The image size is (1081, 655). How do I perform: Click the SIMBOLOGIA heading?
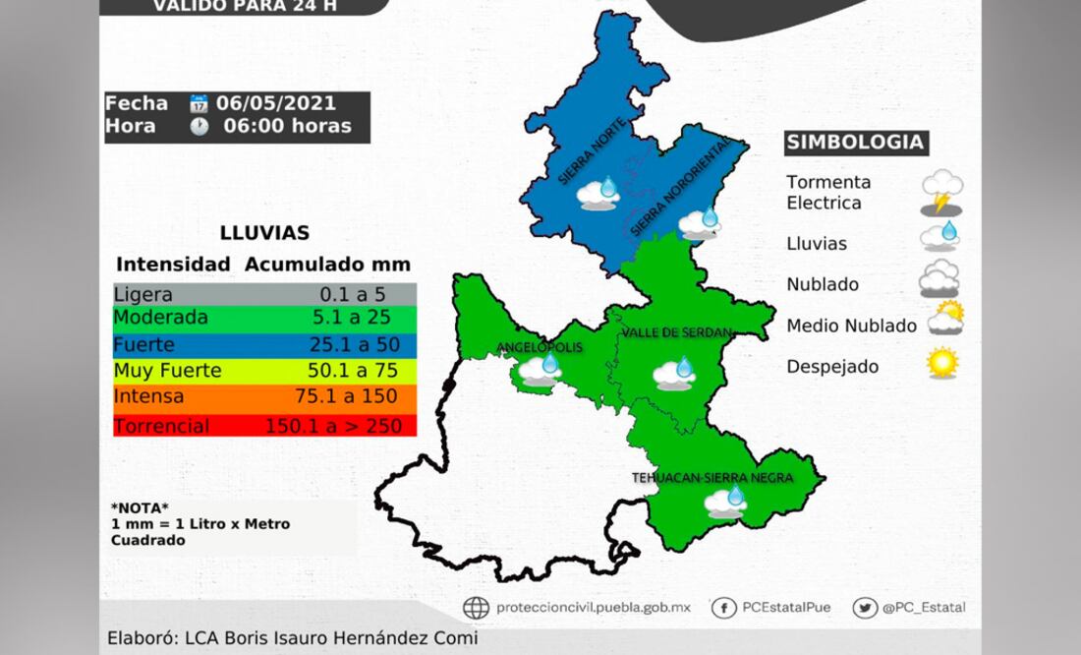[856, 143]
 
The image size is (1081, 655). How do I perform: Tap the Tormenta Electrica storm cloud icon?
[941, 192]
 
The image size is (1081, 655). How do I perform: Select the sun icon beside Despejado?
[941, 363]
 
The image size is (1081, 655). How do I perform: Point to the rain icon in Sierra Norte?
[598, 193]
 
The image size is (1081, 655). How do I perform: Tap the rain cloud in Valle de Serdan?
[674, 373]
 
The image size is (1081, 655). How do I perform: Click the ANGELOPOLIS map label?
[540, 347]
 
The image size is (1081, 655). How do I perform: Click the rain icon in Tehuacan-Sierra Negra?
[726, 502]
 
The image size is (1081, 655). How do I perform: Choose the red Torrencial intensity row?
[264, 426]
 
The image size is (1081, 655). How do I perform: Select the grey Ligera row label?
[143, 293]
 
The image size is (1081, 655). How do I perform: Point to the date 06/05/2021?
[276, 103]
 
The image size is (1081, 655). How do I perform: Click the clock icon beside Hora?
[199, 126]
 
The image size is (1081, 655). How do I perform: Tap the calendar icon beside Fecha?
[199, 103]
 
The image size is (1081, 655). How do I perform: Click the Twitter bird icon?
[865, 607]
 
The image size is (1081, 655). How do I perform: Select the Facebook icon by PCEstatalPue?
[723, 607]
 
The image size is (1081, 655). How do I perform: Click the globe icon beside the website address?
[476, 608]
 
